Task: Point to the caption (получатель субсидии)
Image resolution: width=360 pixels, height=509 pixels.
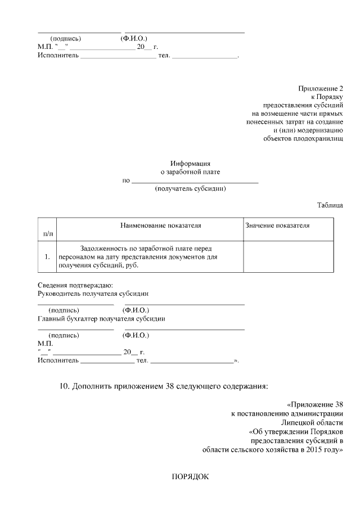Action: (x=190, y=189)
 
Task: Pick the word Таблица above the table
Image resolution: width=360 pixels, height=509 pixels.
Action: (x=330, y=206)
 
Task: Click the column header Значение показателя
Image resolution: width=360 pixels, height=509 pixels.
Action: (x=277, y=226)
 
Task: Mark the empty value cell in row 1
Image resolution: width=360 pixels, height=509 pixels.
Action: (x=287, y=257)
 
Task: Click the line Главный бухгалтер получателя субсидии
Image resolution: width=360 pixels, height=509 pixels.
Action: (x=101, y=318)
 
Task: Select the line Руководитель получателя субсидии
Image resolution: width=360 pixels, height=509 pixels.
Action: (x=93, y=294)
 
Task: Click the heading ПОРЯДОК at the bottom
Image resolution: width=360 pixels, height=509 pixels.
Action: (x=190, y=478)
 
